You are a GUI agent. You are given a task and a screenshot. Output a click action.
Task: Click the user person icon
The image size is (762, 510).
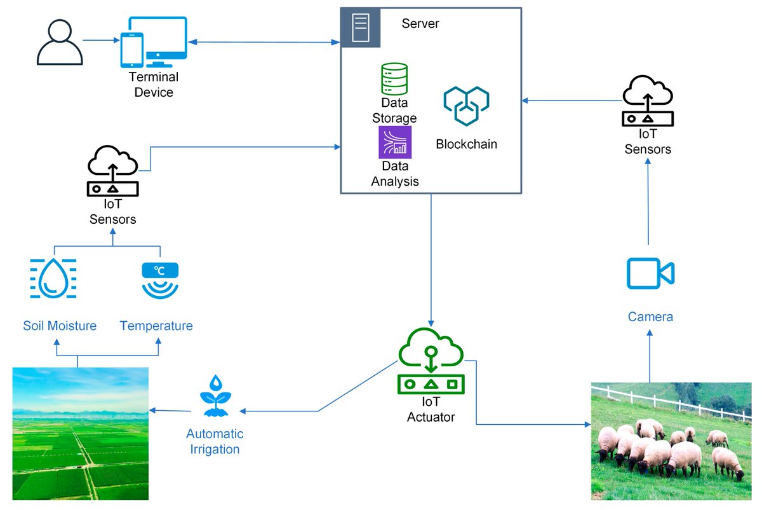coord(59,43)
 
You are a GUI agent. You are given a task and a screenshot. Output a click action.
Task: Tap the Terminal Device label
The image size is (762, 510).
coord(154,85)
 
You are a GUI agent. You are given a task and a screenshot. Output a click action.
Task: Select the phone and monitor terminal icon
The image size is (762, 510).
coord(154,43)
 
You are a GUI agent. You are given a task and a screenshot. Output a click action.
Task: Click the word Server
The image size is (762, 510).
coord(420,24)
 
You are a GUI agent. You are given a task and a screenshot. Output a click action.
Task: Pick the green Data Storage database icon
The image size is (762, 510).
coord(394,79)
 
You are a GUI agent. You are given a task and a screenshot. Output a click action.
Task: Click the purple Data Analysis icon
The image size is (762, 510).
coord(395,142)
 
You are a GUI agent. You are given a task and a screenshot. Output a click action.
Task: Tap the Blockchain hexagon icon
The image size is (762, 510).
coord(466,105)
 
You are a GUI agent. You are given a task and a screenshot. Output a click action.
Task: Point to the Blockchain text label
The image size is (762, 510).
coord(466,144)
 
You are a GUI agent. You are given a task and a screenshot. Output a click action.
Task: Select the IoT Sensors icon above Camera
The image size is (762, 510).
coord(647,100)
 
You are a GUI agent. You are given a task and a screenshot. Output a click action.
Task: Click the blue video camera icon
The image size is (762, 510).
coord(650,274)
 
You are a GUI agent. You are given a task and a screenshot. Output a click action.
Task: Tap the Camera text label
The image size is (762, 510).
coord(650,317)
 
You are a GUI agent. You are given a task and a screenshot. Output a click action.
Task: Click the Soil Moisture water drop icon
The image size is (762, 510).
coord(53,278)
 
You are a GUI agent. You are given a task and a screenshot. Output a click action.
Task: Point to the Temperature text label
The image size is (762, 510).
coord(156,326)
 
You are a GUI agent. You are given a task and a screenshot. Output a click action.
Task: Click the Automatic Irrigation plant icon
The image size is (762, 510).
coord(215,397)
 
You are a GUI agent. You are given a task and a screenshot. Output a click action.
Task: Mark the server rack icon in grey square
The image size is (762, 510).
coord(360,27)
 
